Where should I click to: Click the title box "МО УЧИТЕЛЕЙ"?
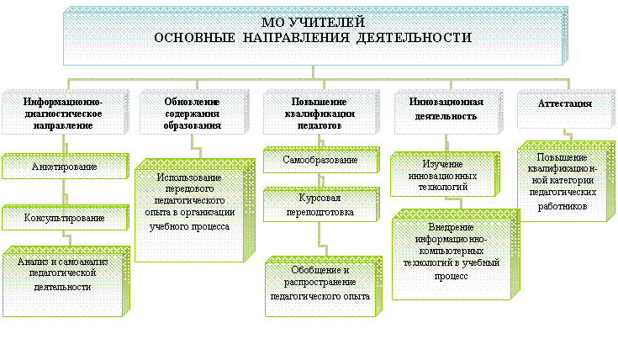(315, 35)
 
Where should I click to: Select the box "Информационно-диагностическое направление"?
(66, 113)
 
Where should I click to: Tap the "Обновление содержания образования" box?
(194, 113)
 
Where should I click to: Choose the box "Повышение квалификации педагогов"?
(321, 113)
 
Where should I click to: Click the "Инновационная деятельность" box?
(449, 113)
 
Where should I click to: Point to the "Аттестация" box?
(566, 109)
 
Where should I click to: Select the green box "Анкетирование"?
(66, 167)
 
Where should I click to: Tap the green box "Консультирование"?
(66, 218)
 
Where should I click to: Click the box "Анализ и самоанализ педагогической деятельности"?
(66, 282)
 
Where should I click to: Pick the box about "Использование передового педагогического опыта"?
(195, 210)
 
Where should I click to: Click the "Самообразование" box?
(321, 160)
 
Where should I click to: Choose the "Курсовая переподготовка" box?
(321, 204)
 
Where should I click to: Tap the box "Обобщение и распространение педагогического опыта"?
(324, 287)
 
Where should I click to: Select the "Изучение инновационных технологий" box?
(445, 174)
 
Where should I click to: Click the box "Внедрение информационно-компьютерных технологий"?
(456, 255)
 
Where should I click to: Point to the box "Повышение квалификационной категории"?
(566, 182)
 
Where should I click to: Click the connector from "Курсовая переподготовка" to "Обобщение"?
(322, 239)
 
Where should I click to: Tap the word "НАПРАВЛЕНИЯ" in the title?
(296, 38)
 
